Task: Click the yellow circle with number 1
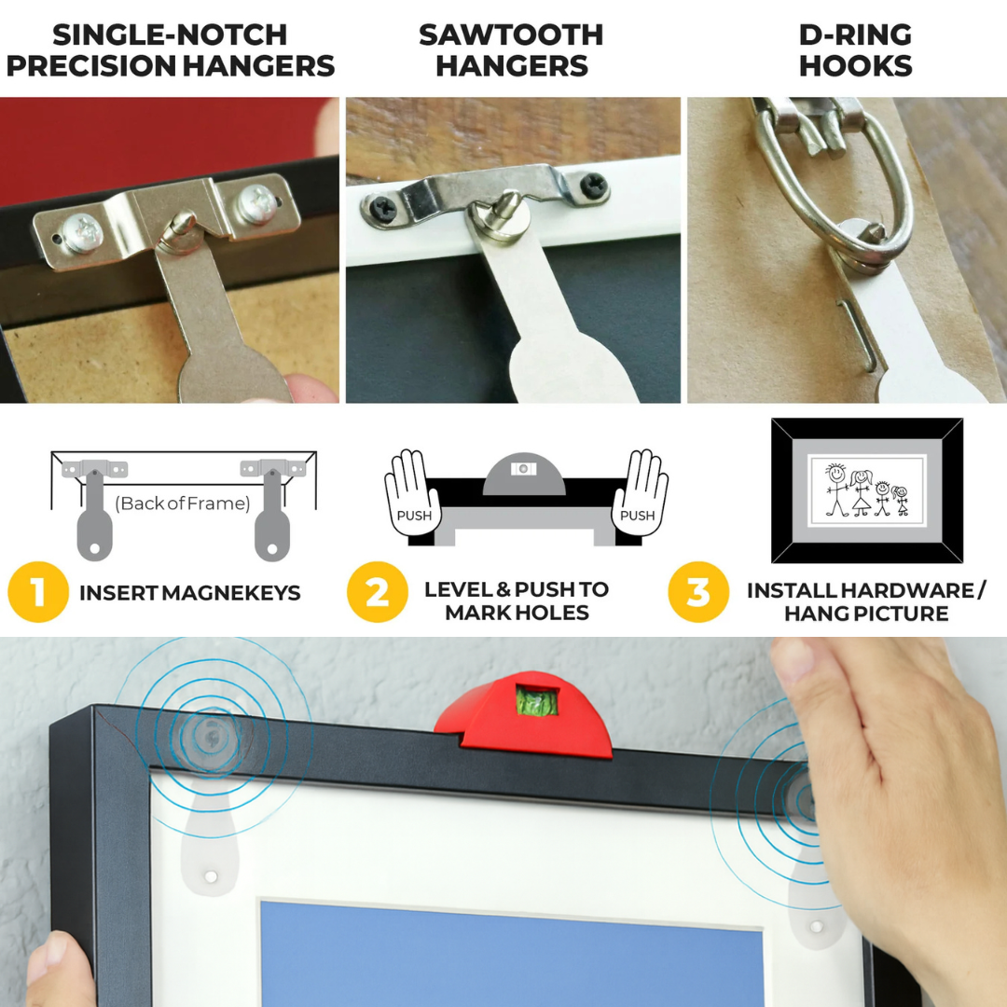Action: tap(38, 592)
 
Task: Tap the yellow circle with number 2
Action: tap(378, 592)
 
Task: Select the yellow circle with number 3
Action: tap(698, 592)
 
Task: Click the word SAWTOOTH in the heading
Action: tap(511, 35)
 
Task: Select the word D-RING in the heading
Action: tap(855, 35)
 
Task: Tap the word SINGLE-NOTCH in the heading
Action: tap(170, 35)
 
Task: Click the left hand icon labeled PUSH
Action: tap(413, 494)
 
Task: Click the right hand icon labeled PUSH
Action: tap(639, 494)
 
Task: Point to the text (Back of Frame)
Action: tap(183, 504)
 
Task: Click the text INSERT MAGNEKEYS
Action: tap(190, 593)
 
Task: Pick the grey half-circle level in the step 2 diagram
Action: tap(524, 475)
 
